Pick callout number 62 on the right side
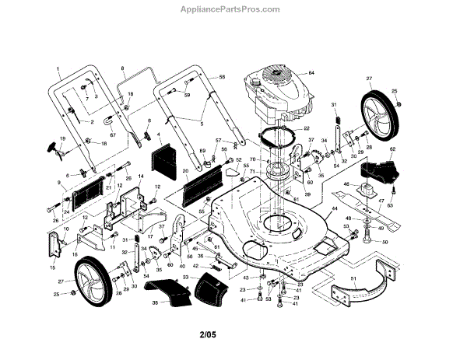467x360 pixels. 393,149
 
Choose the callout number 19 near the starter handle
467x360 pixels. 62,138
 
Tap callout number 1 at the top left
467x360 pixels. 58,68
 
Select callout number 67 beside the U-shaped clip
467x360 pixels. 113,135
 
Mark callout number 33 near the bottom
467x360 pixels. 185,277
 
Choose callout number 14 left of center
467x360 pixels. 141,177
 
